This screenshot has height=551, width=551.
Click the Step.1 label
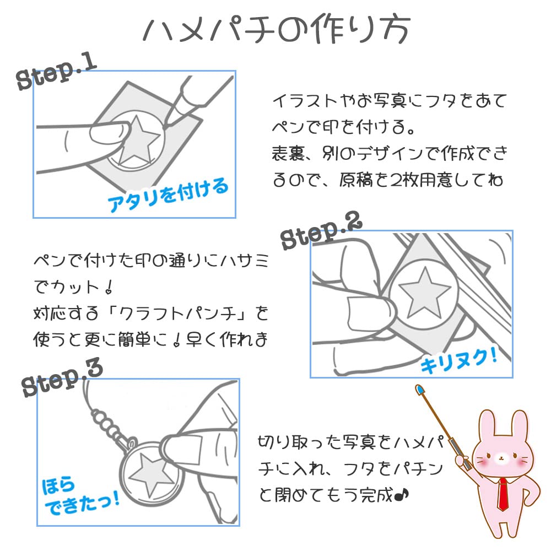(x=57, y=73)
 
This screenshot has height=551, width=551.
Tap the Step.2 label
(x=322, y=232)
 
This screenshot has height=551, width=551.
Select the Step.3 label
(x=62, y=379)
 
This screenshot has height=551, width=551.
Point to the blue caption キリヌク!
(x=459, y=360)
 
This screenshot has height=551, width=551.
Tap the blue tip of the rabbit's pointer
(x=420, y=391)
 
